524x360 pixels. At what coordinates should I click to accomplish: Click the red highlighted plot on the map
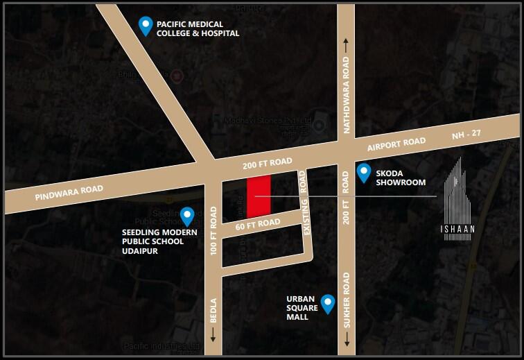tap(259, 197)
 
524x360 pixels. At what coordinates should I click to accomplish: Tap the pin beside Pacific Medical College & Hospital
tap(146, 26)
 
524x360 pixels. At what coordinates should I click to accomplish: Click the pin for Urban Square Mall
tap(328, 302)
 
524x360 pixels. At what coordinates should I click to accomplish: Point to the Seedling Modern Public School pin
tap(186, 216)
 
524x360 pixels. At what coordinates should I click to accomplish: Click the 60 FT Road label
tap(258, 223)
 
